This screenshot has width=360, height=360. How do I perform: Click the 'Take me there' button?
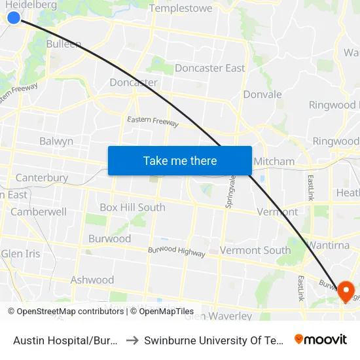click(x=180, y=160)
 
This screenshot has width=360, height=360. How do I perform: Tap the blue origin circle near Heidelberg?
click(x=14, y=17)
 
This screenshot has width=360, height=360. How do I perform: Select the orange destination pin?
click(x=345, y=291)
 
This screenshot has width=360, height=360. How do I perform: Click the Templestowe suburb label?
click(x=181, y=9)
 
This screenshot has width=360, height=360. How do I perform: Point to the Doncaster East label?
click(x=210, y=68)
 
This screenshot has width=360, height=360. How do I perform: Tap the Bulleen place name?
click(x=63, y=45)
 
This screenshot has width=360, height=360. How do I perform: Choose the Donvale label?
click(x=262, y=94)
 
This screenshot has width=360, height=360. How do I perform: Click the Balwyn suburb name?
click(x=56, y=141)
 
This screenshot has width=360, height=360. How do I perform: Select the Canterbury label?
click(x=41, y=177)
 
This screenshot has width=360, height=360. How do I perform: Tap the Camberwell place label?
click(x=38, y=212)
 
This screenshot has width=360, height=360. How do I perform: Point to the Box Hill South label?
click(x=132, y=207)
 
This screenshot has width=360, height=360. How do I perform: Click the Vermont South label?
click(x=255, y=250)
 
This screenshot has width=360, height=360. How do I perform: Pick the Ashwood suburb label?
click(x=92, y=280)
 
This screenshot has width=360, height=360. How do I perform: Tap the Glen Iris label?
click(x=21, y=254)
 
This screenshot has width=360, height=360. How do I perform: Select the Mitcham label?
click(x=274, y=161)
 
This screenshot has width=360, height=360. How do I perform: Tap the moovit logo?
click(x=321, y=339)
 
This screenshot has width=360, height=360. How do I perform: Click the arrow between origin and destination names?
click(x=131, y=340)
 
